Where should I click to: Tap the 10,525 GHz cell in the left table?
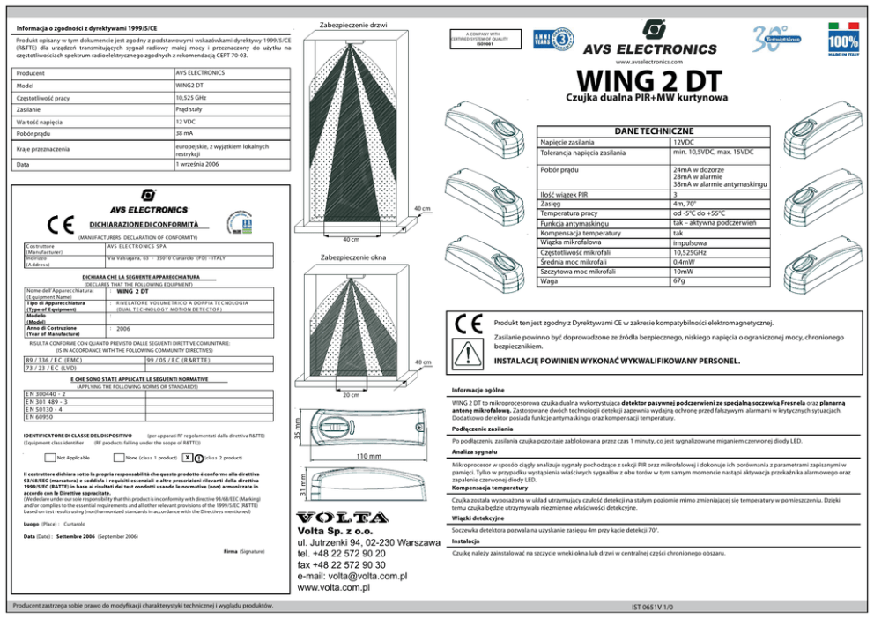tap(191, 97)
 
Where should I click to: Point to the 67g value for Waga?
tap(678, 281)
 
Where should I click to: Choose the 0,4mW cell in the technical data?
tap(683, 262)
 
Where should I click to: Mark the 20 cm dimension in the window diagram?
tap(351, 395)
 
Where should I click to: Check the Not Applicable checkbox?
tap(50, 458)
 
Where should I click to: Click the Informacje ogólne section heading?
tap(477, 388)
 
